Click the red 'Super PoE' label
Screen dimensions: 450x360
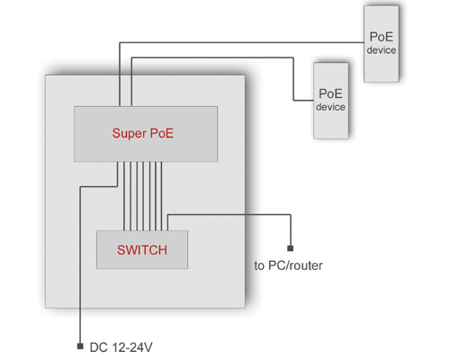tap(143, 133)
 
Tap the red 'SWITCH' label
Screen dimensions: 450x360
tap(142, 250)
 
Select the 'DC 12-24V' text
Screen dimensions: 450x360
tap(121, 347)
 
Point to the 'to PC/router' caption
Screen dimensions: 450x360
tap(288, 265)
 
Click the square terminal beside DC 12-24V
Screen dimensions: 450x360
tap(80, 346)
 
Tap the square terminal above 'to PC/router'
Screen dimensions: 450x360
tap(291, 248)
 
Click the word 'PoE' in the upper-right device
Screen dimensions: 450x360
tap(382, 37)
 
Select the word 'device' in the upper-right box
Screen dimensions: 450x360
tap(382, 50)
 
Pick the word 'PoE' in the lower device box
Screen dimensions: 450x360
tap(330, 94)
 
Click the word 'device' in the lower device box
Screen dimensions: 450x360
tap(330, 107)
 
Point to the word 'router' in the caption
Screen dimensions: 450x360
tap(307, 265)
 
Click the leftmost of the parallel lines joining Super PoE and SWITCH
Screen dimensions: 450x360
tap(124, 196)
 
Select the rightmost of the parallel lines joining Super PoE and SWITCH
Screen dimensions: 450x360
tap(161, 196)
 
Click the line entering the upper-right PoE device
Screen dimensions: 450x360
tap(242, 42)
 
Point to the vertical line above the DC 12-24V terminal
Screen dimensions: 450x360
tap(80, 265)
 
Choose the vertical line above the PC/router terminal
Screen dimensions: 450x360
tap(291, 230)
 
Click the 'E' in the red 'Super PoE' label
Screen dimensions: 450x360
tap(169, 133)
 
